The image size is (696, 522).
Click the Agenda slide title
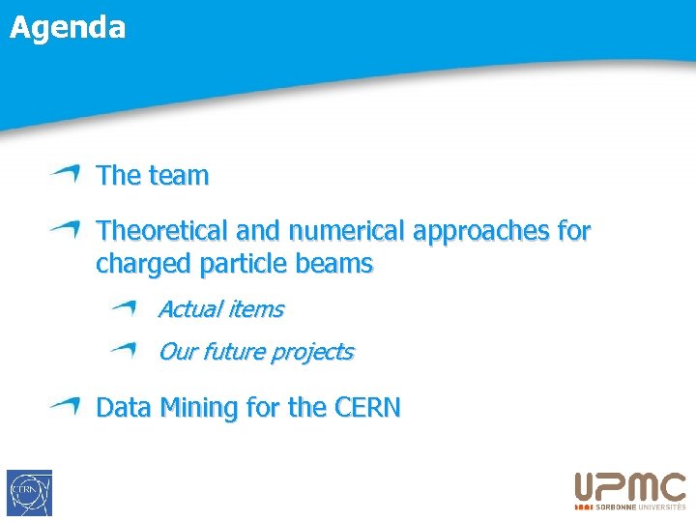click(68, 27)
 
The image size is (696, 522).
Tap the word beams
click(336, 264)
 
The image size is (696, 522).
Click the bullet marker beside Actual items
click(124, 308)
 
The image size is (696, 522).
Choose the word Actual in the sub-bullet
click(189, 309)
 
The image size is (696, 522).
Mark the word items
click(255, 309)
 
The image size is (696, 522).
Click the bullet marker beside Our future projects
click(124, 350)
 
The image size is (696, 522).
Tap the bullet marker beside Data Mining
click(66, 406)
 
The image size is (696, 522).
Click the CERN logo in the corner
click(29, 493)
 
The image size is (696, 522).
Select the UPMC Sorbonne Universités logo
click(630, 491)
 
